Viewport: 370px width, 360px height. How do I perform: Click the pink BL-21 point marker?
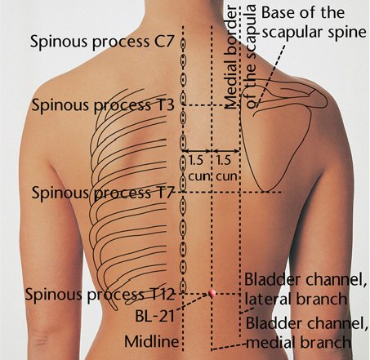[212, 293]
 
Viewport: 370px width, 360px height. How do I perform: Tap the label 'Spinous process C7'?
[102, 42]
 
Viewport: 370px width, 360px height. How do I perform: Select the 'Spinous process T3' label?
[103, 105]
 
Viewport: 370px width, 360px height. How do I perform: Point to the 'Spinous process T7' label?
[102, 193]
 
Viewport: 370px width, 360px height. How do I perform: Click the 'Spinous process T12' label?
[100, 294]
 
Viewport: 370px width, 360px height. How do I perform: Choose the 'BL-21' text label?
[155, 316]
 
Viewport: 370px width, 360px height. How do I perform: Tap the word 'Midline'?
[152, 341]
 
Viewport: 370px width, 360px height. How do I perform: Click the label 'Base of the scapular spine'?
[314, 22]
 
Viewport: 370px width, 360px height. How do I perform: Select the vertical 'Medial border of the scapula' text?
[240, 57]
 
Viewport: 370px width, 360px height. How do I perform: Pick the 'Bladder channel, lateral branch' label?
[305, 289]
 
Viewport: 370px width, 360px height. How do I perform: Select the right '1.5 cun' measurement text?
[226, 168]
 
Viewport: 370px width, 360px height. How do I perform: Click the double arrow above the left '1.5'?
[197, 150]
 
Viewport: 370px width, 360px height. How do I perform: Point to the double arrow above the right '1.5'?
[225, 150]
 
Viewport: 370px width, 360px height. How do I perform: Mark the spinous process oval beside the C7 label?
[183, 43]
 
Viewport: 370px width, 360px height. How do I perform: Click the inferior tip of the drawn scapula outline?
[266, 191]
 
